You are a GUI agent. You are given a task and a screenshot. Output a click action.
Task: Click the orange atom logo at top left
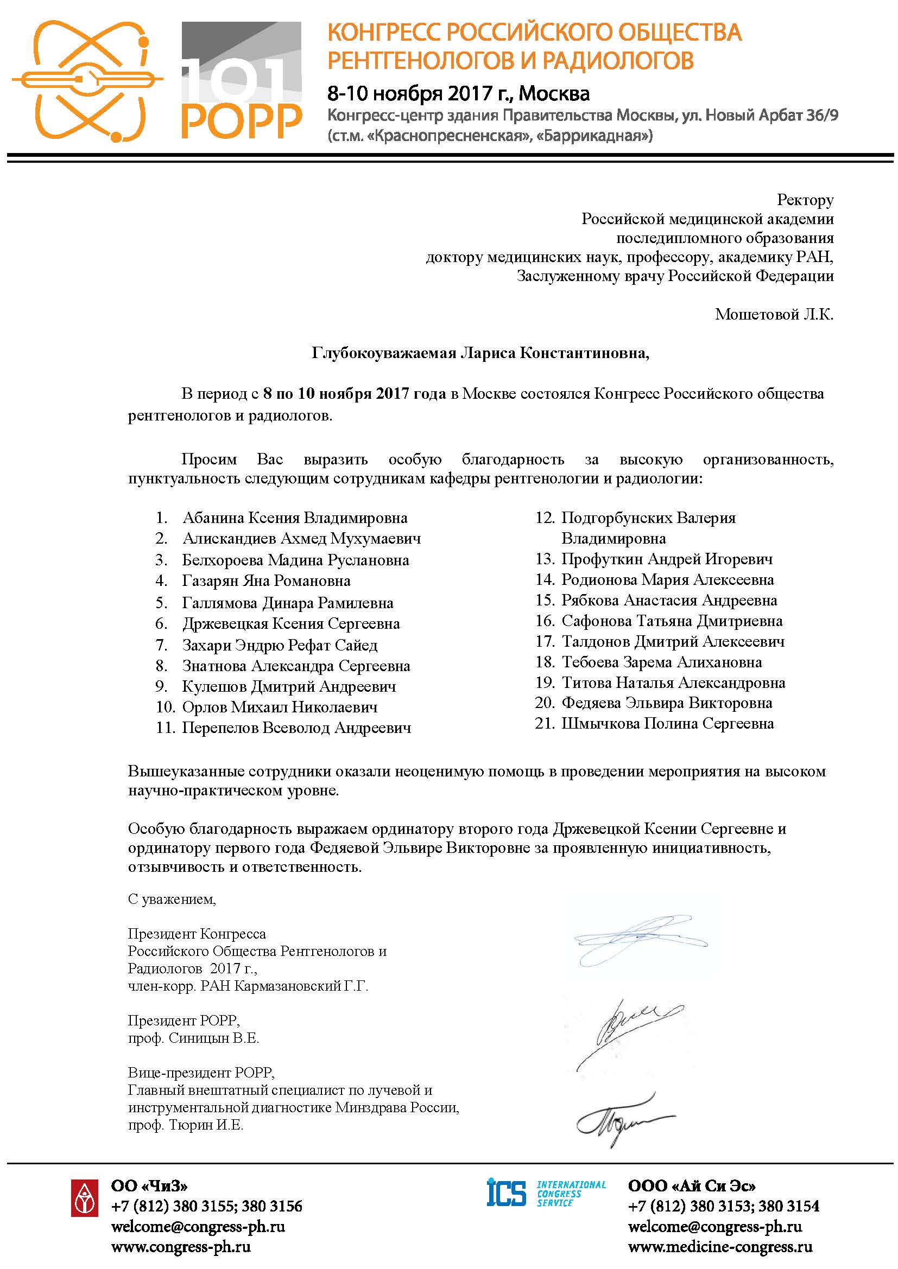click(x=87, y=80)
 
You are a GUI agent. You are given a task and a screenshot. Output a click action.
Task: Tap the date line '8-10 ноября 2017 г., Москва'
click(x=458, y=93)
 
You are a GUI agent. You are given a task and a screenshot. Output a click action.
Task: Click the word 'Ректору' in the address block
click(x=805, y=200)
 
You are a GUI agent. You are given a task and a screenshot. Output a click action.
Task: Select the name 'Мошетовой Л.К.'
click(x=774, y=314)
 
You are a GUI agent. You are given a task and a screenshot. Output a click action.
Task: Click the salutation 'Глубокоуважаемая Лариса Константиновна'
click(x=480, y=353)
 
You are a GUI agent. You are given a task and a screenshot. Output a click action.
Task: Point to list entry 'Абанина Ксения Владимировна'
click(x=295, y=518)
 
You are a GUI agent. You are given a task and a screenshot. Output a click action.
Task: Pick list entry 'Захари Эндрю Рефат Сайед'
click(x=280, y=645)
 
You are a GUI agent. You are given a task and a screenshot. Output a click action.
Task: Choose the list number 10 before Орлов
click(x=166, y=707)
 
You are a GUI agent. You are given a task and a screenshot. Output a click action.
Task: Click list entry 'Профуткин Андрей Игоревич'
click(x=667, y=559)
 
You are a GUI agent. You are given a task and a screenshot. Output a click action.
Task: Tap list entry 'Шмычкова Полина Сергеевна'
click(x=667, y=724)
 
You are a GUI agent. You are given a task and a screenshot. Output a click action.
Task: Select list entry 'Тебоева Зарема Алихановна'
click(x=661, y=661)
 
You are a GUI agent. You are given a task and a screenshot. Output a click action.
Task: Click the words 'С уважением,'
click(x=172, y=899)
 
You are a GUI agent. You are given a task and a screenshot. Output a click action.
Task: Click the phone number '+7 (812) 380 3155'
click(x=167, y=1206)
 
